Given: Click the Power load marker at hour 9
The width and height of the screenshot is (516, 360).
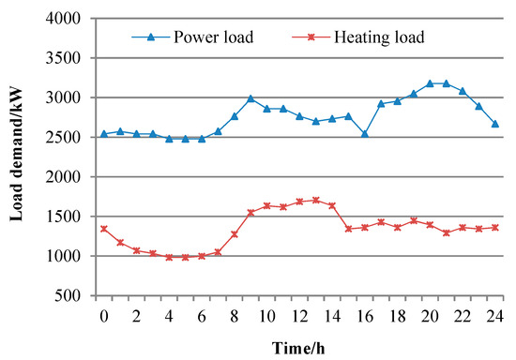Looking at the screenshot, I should point(250,98).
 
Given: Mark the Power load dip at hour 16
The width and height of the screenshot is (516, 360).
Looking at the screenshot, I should point(364,133).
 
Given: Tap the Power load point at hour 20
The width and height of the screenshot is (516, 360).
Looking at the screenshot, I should point(429,83).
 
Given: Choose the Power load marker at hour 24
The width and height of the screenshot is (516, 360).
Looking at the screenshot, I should point(494,124).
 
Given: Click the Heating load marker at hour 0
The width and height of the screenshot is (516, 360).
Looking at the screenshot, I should point(103,228).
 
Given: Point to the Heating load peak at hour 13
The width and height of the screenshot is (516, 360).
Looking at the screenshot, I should point(315,200).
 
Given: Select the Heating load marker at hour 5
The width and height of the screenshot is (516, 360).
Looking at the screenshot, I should point(185,257).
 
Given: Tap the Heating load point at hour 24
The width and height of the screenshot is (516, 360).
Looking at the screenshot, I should point(494,227).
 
